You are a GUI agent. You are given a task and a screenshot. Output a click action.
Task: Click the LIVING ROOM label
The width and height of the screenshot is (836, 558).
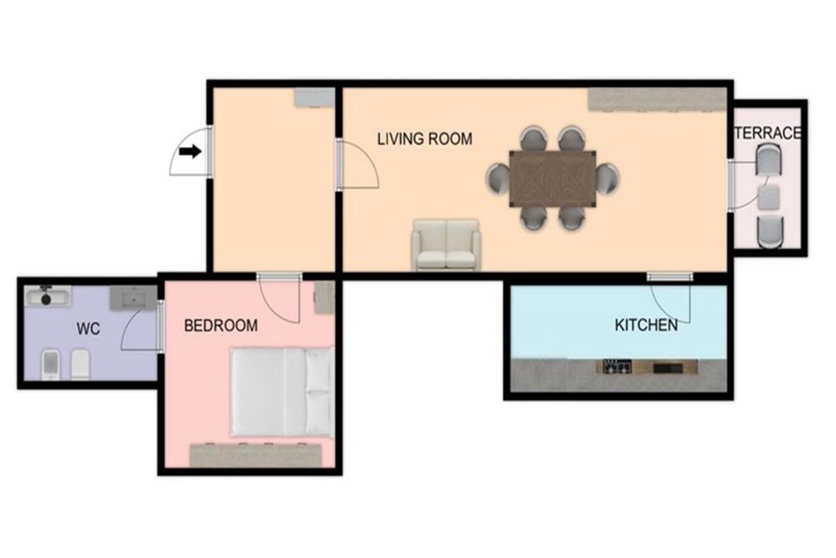(x=424, y=139)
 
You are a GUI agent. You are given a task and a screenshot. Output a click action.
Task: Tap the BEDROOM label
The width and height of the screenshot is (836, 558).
(x=221, y=325)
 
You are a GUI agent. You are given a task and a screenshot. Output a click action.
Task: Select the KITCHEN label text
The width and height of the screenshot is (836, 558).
(x=646, y=325)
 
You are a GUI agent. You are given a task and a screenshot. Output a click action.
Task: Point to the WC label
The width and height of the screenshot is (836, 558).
(x=88, y=329)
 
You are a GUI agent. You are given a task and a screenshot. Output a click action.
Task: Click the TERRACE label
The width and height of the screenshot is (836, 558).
(x=768, y=133)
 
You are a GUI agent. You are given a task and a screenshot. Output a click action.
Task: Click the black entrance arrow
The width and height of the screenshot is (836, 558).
(x=190, y=152)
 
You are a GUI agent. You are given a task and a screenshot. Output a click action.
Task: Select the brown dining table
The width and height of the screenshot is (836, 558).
(x=553, y=178)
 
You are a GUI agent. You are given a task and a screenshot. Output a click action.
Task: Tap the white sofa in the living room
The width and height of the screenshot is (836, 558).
(x=446, y=244)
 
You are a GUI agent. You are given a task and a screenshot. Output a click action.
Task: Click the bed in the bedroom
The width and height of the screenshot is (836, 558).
(x=282, y=391)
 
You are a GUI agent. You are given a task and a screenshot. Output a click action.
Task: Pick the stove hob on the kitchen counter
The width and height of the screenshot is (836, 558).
(x=617, y=367)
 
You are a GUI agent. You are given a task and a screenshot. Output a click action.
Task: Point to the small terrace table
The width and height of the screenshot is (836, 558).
(x=769, y=197)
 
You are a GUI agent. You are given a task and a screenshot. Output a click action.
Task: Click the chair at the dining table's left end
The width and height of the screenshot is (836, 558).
(x=498, y=178)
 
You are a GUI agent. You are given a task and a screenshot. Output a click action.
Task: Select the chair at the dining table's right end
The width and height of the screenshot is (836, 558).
(x=608, y=178)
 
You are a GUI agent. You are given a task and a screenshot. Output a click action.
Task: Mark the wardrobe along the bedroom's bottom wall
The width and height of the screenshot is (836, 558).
(x=256, y=455)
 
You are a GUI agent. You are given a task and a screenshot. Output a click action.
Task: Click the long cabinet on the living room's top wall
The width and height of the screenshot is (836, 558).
(x=657, y=100)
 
